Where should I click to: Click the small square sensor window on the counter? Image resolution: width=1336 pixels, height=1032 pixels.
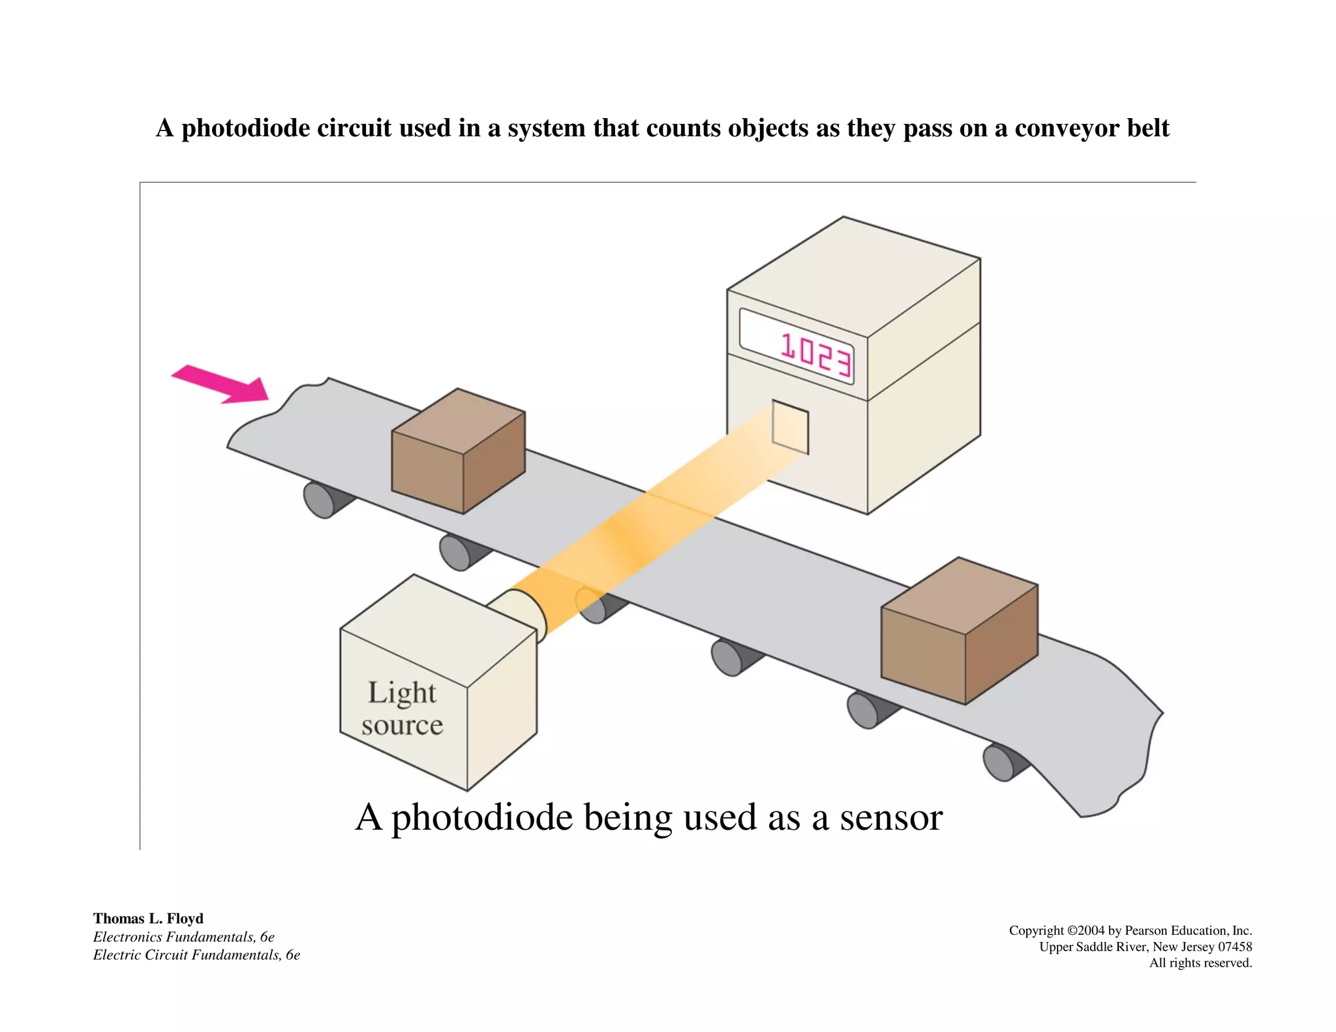click(x=790, y=427)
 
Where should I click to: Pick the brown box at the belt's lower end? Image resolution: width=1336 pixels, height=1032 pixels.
click(x=959, y=630)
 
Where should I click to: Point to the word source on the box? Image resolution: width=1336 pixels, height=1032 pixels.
click(x=402, y=725)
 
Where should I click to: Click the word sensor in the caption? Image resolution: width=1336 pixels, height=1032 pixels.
click(x=890, y=817)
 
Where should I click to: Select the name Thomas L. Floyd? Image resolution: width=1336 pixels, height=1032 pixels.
click(x=148, y=918)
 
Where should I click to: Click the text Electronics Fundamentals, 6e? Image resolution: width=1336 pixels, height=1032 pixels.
click(x=183, y=937)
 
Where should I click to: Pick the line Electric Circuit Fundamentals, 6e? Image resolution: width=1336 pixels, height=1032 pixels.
click(x=196, y=955)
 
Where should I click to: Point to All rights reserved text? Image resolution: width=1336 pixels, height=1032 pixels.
click(x=1200, y=963)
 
